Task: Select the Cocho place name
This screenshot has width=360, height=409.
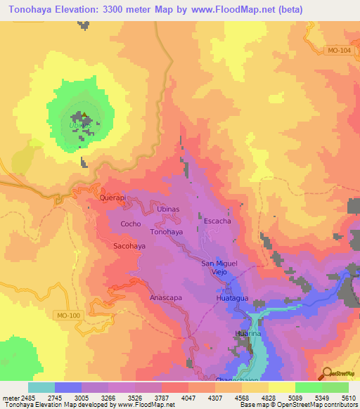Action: tap(131, 224)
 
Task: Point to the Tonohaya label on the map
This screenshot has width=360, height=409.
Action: tap(167, 231)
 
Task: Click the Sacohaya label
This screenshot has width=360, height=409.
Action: tap(129, 246)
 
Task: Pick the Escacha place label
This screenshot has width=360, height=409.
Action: tap(217, 221)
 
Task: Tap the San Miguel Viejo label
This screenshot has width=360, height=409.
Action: tap(219, 267)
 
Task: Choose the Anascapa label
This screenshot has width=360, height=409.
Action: tap(166, 297)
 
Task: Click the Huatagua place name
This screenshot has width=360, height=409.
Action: tap(231, 298)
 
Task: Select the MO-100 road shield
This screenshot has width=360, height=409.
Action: tap(68, 315)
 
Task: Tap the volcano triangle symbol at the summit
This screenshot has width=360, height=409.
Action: tap(84, 116)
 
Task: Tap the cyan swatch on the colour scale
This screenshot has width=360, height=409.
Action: tap(41, 387)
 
